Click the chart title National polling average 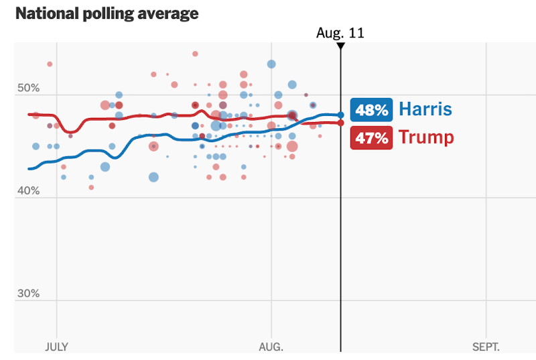[x=107, y=13]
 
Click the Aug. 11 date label [x=340, y=33]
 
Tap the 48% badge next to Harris [x=371, y=110]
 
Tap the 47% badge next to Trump [x=371, y=138]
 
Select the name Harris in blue [x=425, y=110]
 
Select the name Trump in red [x=426, y=138]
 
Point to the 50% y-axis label [x=29, y=88]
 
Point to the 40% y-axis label [x=29, y=191]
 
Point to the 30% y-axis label [x=29, y=294]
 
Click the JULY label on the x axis [x=56, y=347]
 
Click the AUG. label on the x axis [x=271, y=347]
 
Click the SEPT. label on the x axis [x=486, y=347]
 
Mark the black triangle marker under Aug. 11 [x=340, y=46]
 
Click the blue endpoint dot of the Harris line [x=340, y=115]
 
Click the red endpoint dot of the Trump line [x=340, y=123]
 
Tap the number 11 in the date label [x=357, y=33]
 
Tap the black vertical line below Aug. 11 [x=340, y=235]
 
